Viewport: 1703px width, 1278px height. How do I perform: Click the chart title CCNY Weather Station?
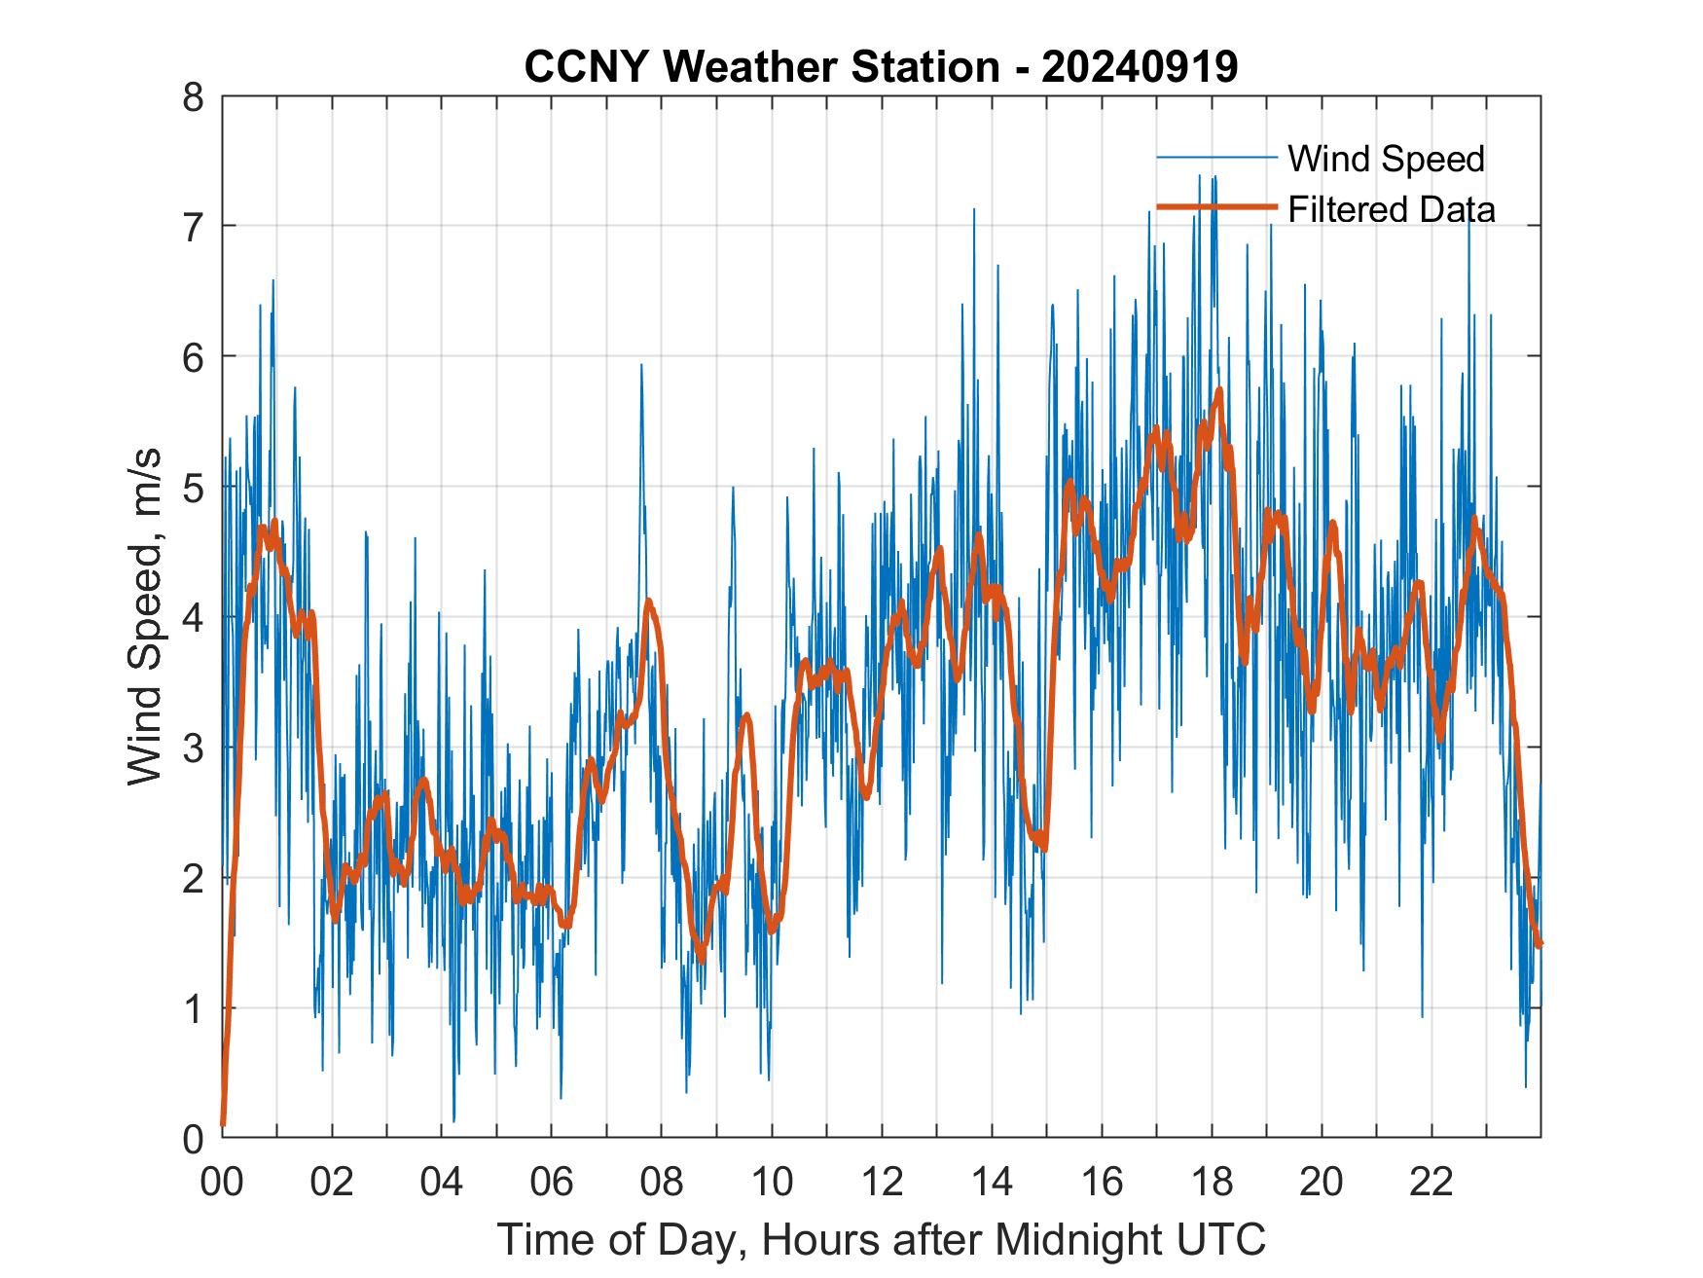point(762,67)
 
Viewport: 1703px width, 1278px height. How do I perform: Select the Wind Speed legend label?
point(1386,159)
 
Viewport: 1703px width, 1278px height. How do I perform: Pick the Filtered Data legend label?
point(1392,209)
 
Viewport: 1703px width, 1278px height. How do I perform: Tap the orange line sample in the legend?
point(1216,208)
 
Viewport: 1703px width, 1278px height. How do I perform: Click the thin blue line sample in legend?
point(1216,158)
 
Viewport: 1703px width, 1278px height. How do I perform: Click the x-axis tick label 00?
point(222,1182)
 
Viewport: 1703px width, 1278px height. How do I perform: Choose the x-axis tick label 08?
point(662,1182)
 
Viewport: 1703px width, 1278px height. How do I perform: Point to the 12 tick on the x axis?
point(882,1182)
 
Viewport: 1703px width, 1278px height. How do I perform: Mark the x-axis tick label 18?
point(1212,1182)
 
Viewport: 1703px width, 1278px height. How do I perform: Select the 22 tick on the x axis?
point(1431,1182)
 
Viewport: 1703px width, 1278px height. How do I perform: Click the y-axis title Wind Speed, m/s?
point(146,618)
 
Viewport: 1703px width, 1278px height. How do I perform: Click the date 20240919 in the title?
point(1140,67)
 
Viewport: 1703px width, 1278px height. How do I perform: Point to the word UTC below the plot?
point(1229,1239)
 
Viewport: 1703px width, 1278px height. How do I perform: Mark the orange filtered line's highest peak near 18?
point(1219,390)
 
